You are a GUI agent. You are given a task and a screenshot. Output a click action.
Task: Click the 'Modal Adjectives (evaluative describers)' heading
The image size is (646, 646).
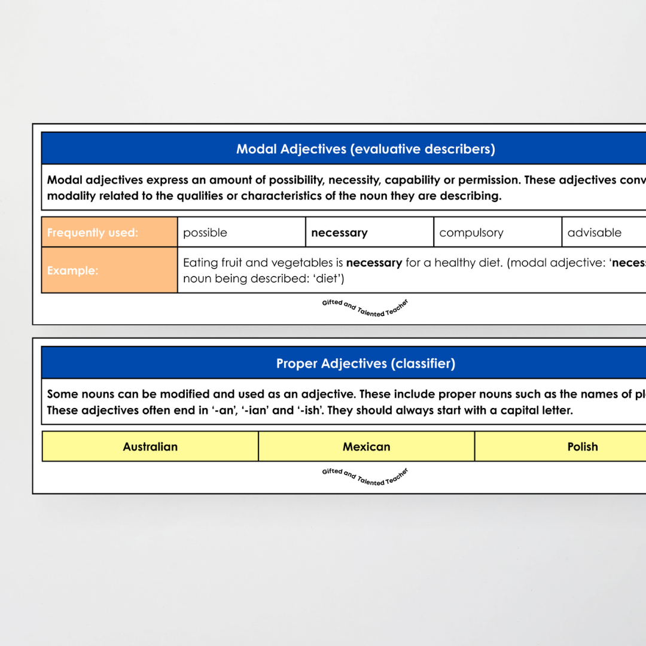tap(365, 149)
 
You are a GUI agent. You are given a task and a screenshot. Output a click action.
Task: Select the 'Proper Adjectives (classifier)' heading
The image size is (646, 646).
tap(365, 364)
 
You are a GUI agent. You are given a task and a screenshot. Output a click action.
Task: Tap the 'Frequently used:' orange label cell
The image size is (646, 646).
tap(109, 233)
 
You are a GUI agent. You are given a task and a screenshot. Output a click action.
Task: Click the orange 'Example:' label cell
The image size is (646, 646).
tap(109, 270)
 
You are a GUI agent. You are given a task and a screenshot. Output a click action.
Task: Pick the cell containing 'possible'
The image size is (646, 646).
tap(241, 233)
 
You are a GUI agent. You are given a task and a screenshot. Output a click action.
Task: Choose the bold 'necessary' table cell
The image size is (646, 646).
tap(369, 233)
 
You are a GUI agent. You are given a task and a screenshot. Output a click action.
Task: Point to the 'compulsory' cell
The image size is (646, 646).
tap(497, 233)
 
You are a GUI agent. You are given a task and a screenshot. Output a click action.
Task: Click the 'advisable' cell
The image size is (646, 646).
tap(603, 233)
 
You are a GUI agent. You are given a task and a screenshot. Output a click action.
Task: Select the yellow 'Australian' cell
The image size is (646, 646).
tap(150, 447)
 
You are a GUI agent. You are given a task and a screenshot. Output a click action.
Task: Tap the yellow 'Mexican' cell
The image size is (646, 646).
tap(366, 447)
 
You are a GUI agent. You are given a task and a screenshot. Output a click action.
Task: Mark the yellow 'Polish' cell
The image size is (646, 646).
tap(582, 447)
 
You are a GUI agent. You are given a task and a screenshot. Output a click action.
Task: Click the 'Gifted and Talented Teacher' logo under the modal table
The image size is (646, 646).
tap(365, 307)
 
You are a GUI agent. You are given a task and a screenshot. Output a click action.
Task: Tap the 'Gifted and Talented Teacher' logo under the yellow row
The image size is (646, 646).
tap(365, 476)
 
